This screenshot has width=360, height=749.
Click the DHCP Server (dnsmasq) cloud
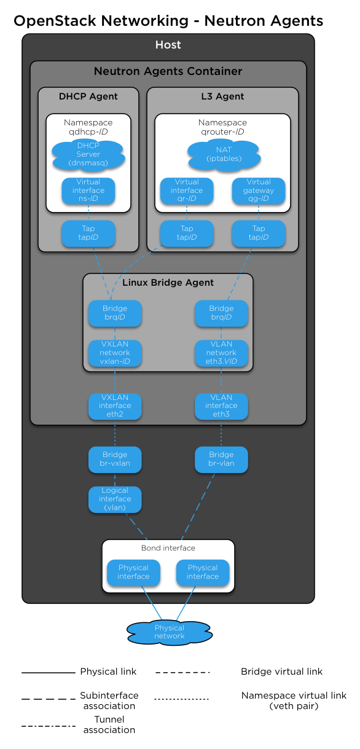pos(88,154)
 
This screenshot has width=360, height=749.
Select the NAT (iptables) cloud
pos(224,154)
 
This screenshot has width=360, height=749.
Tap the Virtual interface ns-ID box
pos(88,190)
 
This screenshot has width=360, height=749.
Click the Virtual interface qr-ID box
pos(187,190)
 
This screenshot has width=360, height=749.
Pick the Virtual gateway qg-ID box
pos(259,190)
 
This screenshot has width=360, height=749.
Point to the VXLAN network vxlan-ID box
pos(115,353)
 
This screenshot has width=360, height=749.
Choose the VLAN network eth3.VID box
pos(221,353)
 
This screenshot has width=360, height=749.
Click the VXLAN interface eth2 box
pos(115,406)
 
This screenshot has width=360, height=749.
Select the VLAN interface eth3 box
pos(221,406)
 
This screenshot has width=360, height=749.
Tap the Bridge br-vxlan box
pos(115,459)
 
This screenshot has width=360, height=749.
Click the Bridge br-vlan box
pos(221,459)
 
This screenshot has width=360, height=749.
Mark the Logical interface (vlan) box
pos(115,499)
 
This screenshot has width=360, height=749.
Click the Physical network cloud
pos(170,632)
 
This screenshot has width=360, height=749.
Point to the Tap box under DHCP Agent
pos(88,233)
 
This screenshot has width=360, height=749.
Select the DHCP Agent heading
pos(88,96)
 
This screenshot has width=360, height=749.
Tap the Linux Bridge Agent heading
pos(168,283)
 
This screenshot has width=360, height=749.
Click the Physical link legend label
pos(108,672)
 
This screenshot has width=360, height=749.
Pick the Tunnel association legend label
pos(109,724)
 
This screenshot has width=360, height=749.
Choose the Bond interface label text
pos(168,548)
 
